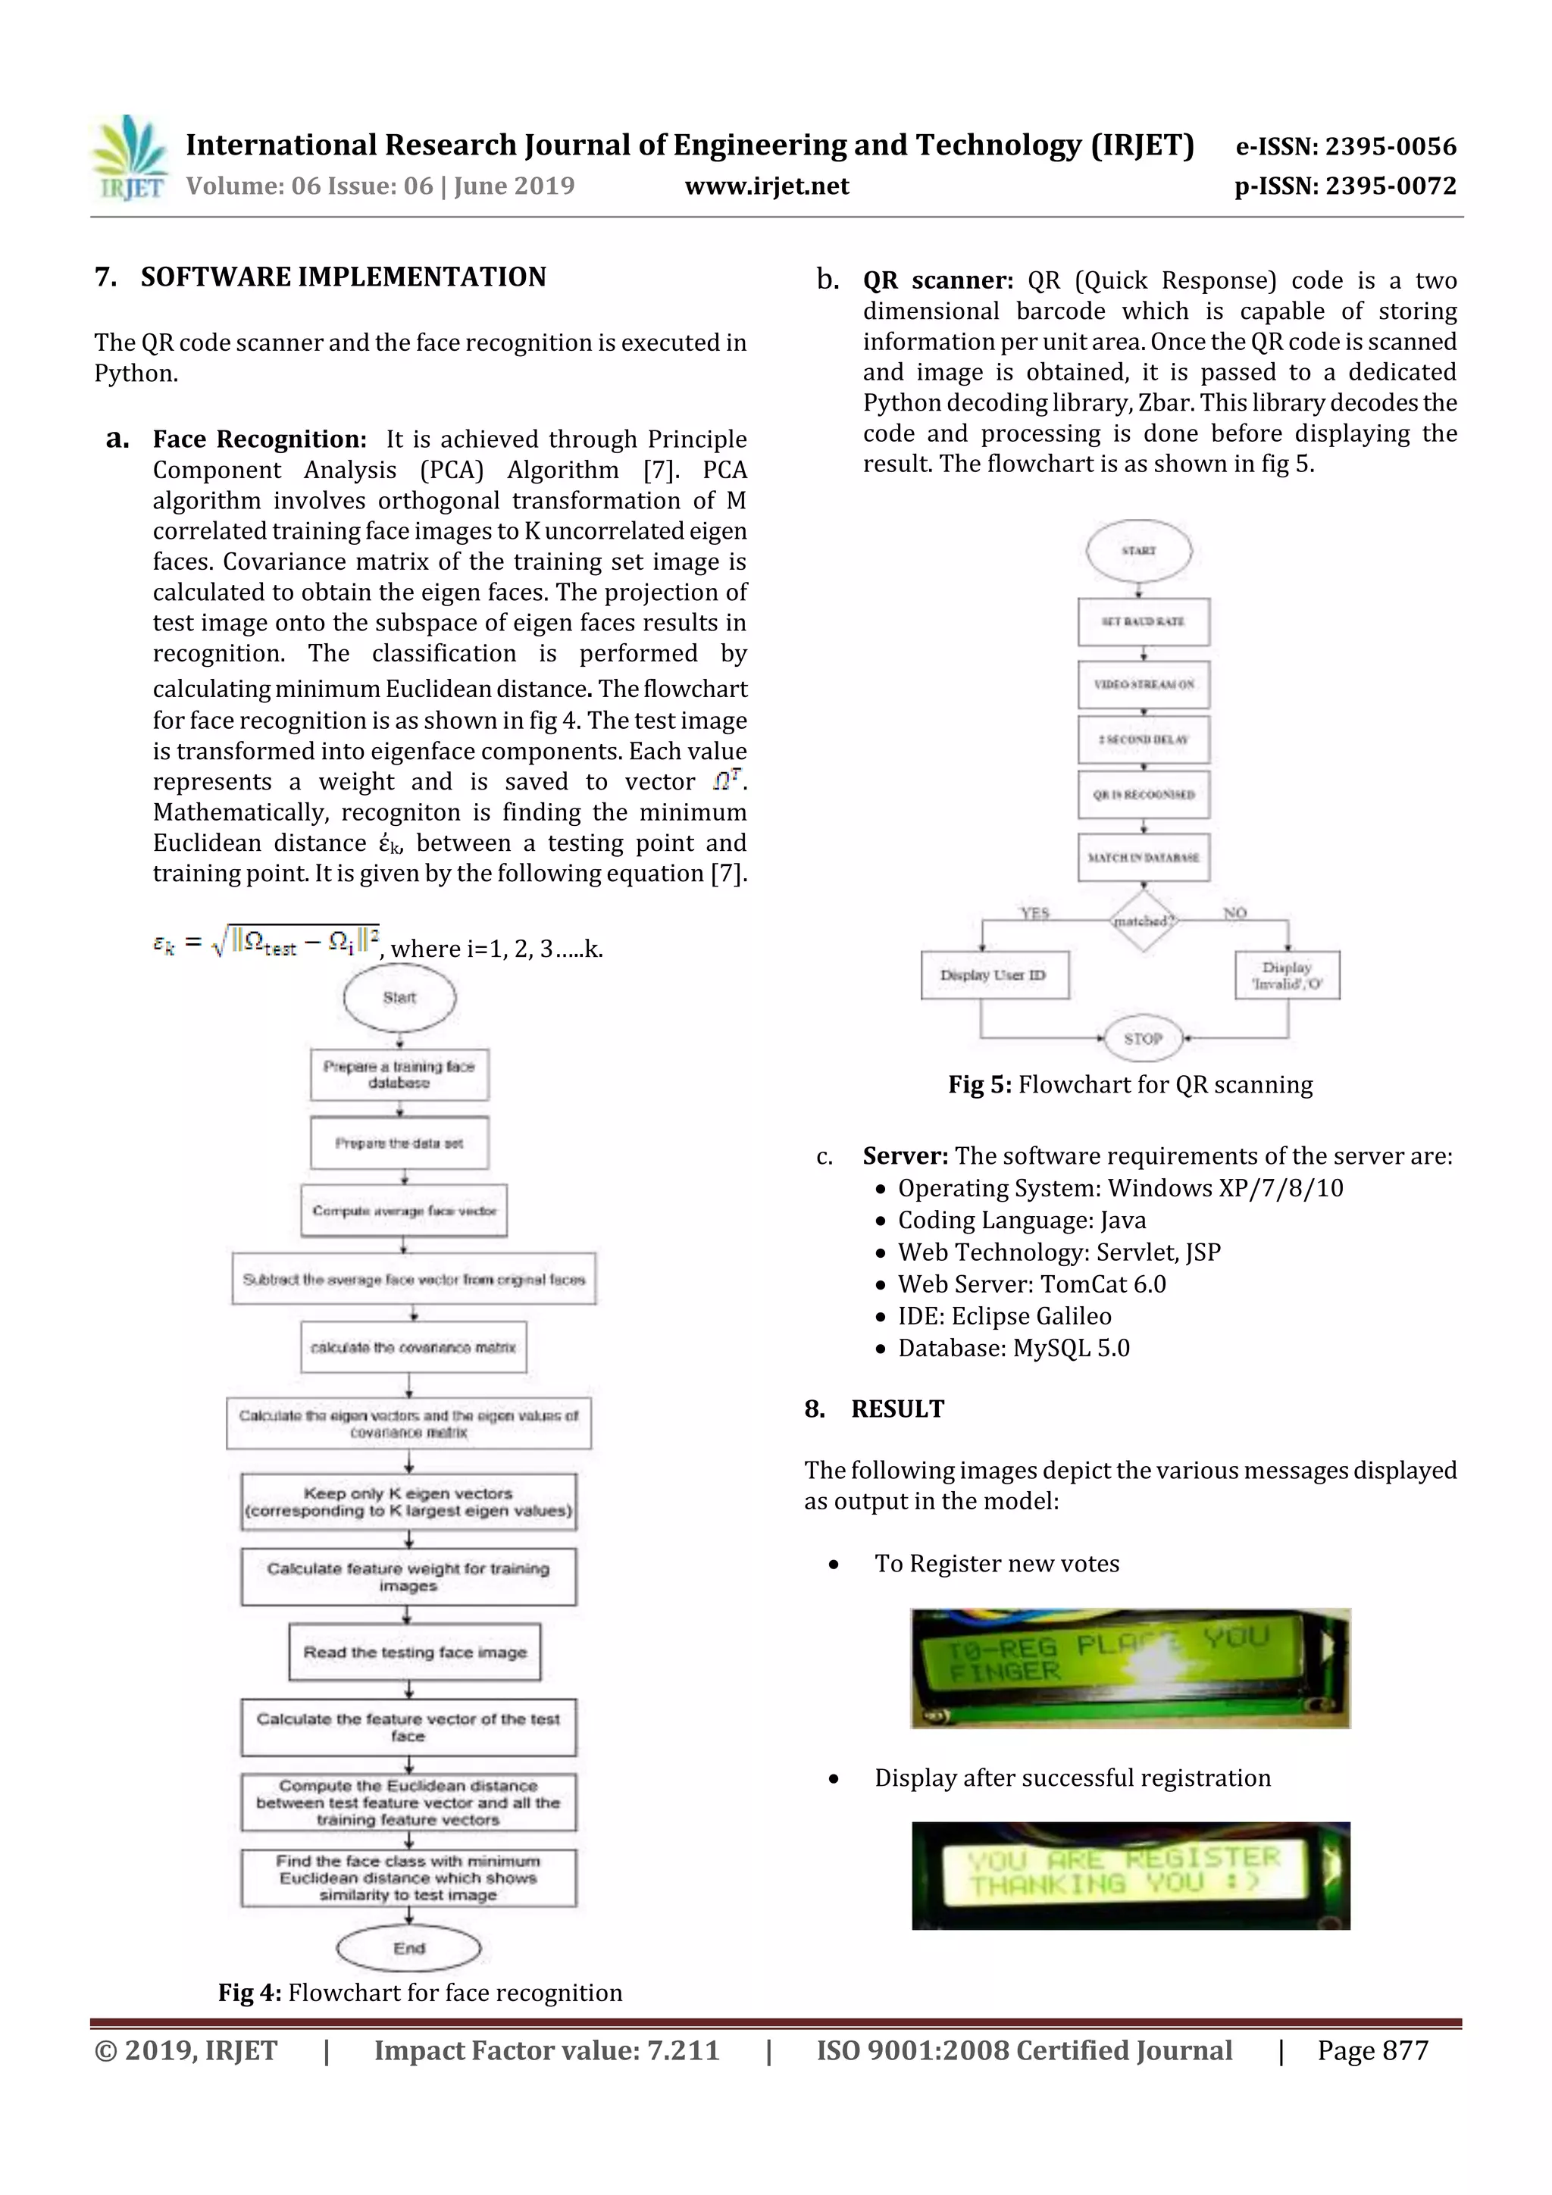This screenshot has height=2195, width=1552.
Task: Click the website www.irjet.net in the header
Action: pos(766,186)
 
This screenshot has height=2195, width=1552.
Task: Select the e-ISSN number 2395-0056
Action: pos(1391,146)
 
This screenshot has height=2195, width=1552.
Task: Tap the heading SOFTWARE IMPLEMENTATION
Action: pos(343,277)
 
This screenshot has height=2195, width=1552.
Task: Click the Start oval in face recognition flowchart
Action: pos(399,997)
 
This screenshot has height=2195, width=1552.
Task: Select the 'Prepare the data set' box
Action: pos(399,1143)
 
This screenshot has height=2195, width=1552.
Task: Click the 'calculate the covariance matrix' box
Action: pos(413,1347)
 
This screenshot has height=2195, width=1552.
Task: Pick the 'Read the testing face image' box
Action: pos(415,1652)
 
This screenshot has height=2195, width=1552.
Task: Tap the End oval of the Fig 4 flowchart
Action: pos(408,1948)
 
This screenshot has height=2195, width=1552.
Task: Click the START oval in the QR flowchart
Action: pos(1138,551)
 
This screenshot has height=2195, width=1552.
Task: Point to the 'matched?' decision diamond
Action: pos(1143,921)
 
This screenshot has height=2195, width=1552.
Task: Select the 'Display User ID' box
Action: pos(993,975)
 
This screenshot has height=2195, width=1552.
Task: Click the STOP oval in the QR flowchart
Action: pos(1143,1038)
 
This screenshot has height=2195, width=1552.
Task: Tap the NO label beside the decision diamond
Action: pos(1234,913)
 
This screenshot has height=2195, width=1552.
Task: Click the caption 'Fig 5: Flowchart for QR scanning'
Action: pos(1131,1084)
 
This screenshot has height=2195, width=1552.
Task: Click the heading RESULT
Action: pos(897,1409)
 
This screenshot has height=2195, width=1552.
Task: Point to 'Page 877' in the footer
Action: pos(1372,2050)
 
